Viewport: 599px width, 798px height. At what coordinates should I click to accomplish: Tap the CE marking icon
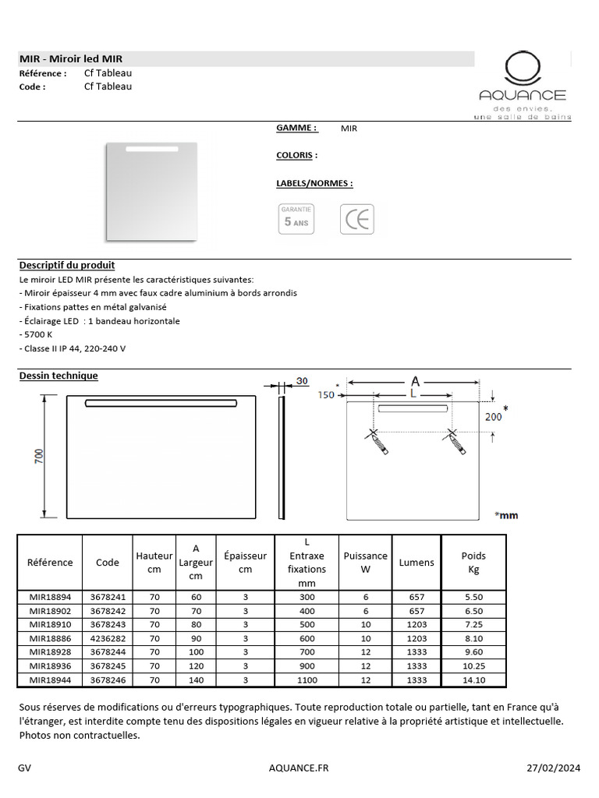pos(357,219)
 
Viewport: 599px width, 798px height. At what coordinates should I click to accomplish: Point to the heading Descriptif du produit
pos(67,266)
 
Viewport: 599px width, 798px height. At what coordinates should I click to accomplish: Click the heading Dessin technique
pos(58,376)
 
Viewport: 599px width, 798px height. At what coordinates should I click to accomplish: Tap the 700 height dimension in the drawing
pos(38,456)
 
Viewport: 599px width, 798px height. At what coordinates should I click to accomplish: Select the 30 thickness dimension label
pos(302,381)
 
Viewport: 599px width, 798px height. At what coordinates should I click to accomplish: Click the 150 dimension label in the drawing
pos(325,395)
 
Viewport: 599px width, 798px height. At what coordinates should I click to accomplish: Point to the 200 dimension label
pos(493,417)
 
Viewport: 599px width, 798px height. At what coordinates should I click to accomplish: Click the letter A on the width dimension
pos(415,381)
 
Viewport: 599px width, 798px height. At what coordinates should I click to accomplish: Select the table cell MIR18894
pos(50,596)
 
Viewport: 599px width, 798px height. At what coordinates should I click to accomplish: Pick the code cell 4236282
pos(108,638)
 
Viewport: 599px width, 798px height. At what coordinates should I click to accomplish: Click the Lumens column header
pos(416,563)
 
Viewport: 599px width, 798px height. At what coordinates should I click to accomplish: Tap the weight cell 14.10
pos(473,680)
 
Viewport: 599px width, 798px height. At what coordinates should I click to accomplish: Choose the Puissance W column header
pos(365,563)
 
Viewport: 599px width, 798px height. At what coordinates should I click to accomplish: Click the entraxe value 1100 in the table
pos(307,680)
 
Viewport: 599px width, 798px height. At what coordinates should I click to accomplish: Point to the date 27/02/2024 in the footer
pos(554,768)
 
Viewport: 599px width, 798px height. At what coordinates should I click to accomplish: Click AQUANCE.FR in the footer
pos(299,768)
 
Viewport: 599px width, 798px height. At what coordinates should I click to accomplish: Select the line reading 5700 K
pos(36,335)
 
